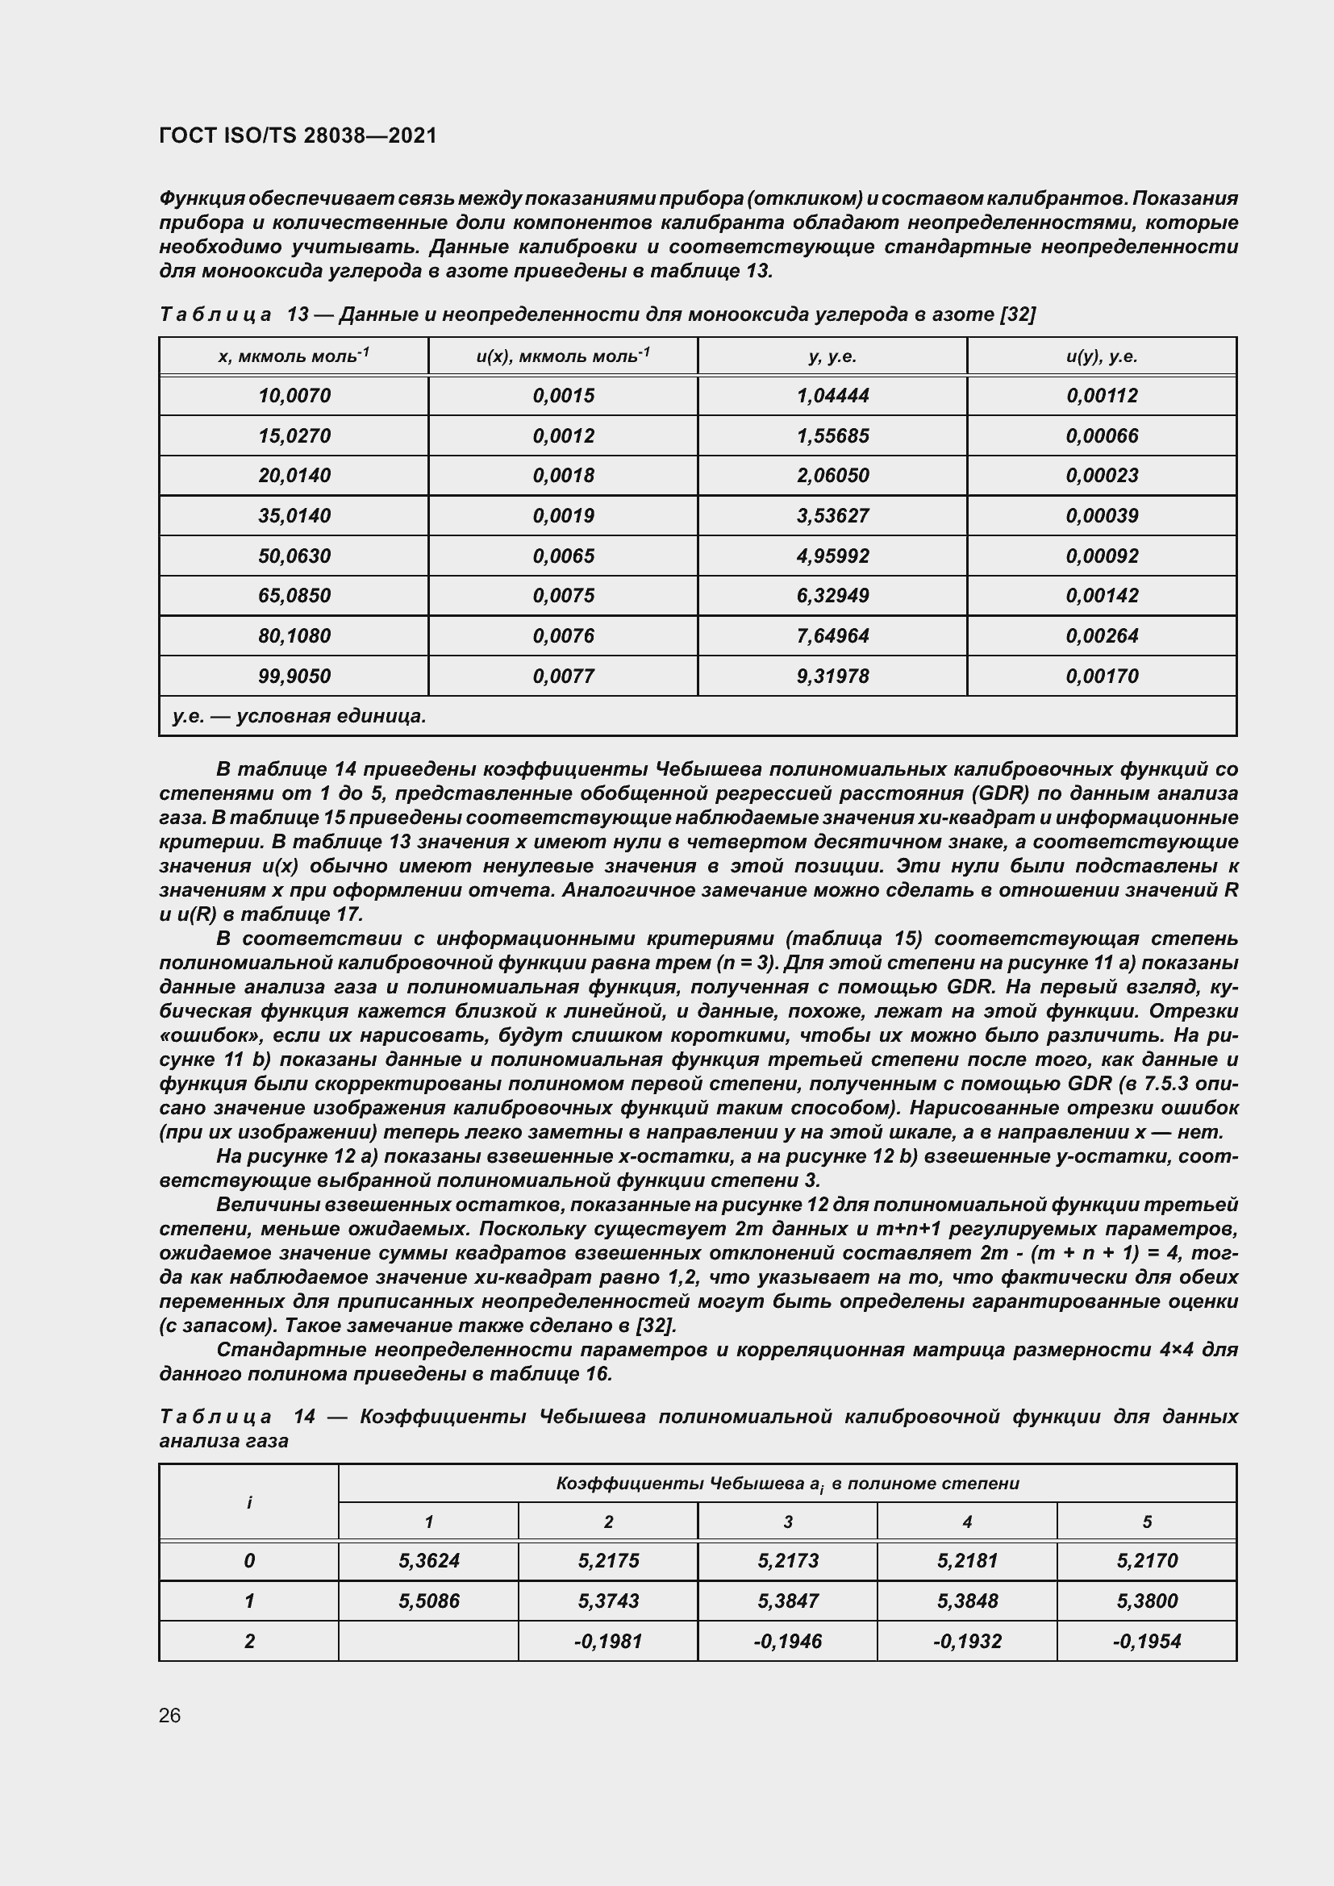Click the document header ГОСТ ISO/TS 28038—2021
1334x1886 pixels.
[x=298, y=135]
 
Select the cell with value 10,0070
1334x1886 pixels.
[x=294, y=396]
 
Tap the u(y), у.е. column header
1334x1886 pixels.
[x=1102, y=356]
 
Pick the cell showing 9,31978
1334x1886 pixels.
[x=832, y=676]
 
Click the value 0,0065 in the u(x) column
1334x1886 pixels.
[x=563, y=556]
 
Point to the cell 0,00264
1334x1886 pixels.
[x=1102, y=635]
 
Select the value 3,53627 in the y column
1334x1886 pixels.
[x=832, y=516]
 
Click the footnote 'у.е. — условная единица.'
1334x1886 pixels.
[x=299, y=716]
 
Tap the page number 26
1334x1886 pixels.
[x=170, y=1715]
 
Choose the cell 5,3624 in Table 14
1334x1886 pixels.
[x=428, y=1561]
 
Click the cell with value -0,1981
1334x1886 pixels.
[x=608, y=1641]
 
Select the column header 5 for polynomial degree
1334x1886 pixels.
[x=1147, y=1522]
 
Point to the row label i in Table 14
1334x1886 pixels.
[x=249, y=1502]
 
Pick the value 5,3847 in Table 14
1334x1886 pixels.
[x=787, y=1601]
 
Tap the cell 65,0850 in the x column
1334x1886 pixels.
[x=294, y=596]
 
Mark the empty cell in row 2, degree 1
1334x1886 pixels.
[x=428, y=1641]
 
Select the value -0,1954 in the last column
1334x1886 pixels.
[x=1147, y=1641]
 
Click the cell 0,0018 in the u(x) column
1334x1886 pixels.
[x=563, y=476]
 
